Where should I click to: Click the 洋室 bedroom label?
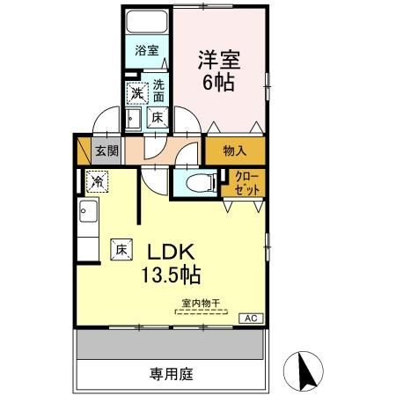pos(219,60)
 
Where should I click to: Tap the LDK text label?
pos(171,252)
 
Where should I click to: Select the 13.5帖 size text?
pos(171,275)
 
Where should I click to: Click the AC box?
pos(251,319)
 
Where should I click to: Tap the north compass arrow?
pos(306,370)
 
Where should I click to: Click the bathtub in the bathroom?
pos(147,22)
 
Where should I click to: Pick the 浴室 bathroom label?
pos(147,50)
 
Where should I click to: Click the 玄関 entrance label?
pos(106,150)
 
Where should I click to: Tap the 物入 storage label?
pos(235,150)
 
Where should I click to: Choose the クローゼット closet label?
pos(247,184)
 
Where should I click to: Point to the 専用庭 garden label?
pos(171,374)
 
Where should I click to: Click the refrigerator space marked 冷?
pos(98,182)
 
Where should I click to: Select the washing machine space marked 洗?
pos(137,93)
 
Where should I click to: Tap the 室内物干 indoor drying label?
pos(201,303)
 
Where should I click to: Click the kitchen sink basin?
pos(88,211)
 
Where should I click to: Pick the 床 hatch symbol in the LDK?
pos(121,250)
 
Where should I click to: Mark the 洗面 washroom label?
pos(158,91)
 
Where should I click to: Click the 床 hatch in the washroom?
pos(158,118)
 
